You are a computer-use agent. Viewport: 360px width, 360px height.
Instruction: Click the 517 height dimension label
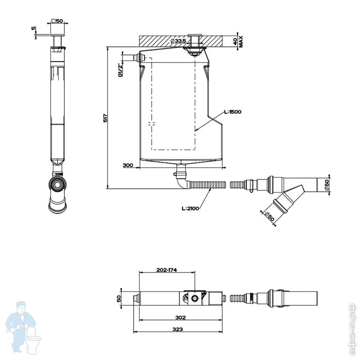click(104, 118)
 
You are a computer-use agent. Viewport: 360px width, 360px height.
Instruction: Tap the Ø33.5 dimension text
click(178, 40)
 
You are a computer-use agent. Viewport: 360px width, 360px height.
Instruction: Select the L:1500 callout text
click(232, 112)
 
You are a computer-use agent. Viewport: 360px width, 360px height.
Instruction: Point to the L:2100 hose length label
click(190, 208)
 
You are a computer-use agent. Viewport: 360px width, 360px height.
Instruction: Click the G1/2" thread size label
click(120, 69)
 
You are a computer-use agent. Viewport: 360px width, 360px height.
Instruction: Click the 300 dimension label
click(128, 165)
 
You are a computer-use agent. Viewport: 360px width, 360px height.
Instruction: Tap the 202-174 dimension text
click(168, 269)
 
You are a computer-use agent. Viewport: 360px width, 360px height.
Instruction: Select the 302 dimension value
click(180, 317)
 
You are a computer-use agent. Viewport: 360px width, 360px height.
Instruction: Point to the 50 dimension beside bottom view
click(119, 298)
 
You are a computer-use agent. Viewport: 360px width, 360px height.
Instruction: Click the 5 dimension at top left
click(33, 28)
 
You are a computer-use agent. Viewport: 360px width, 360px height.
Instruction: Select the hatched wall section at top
click(159, 40)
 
